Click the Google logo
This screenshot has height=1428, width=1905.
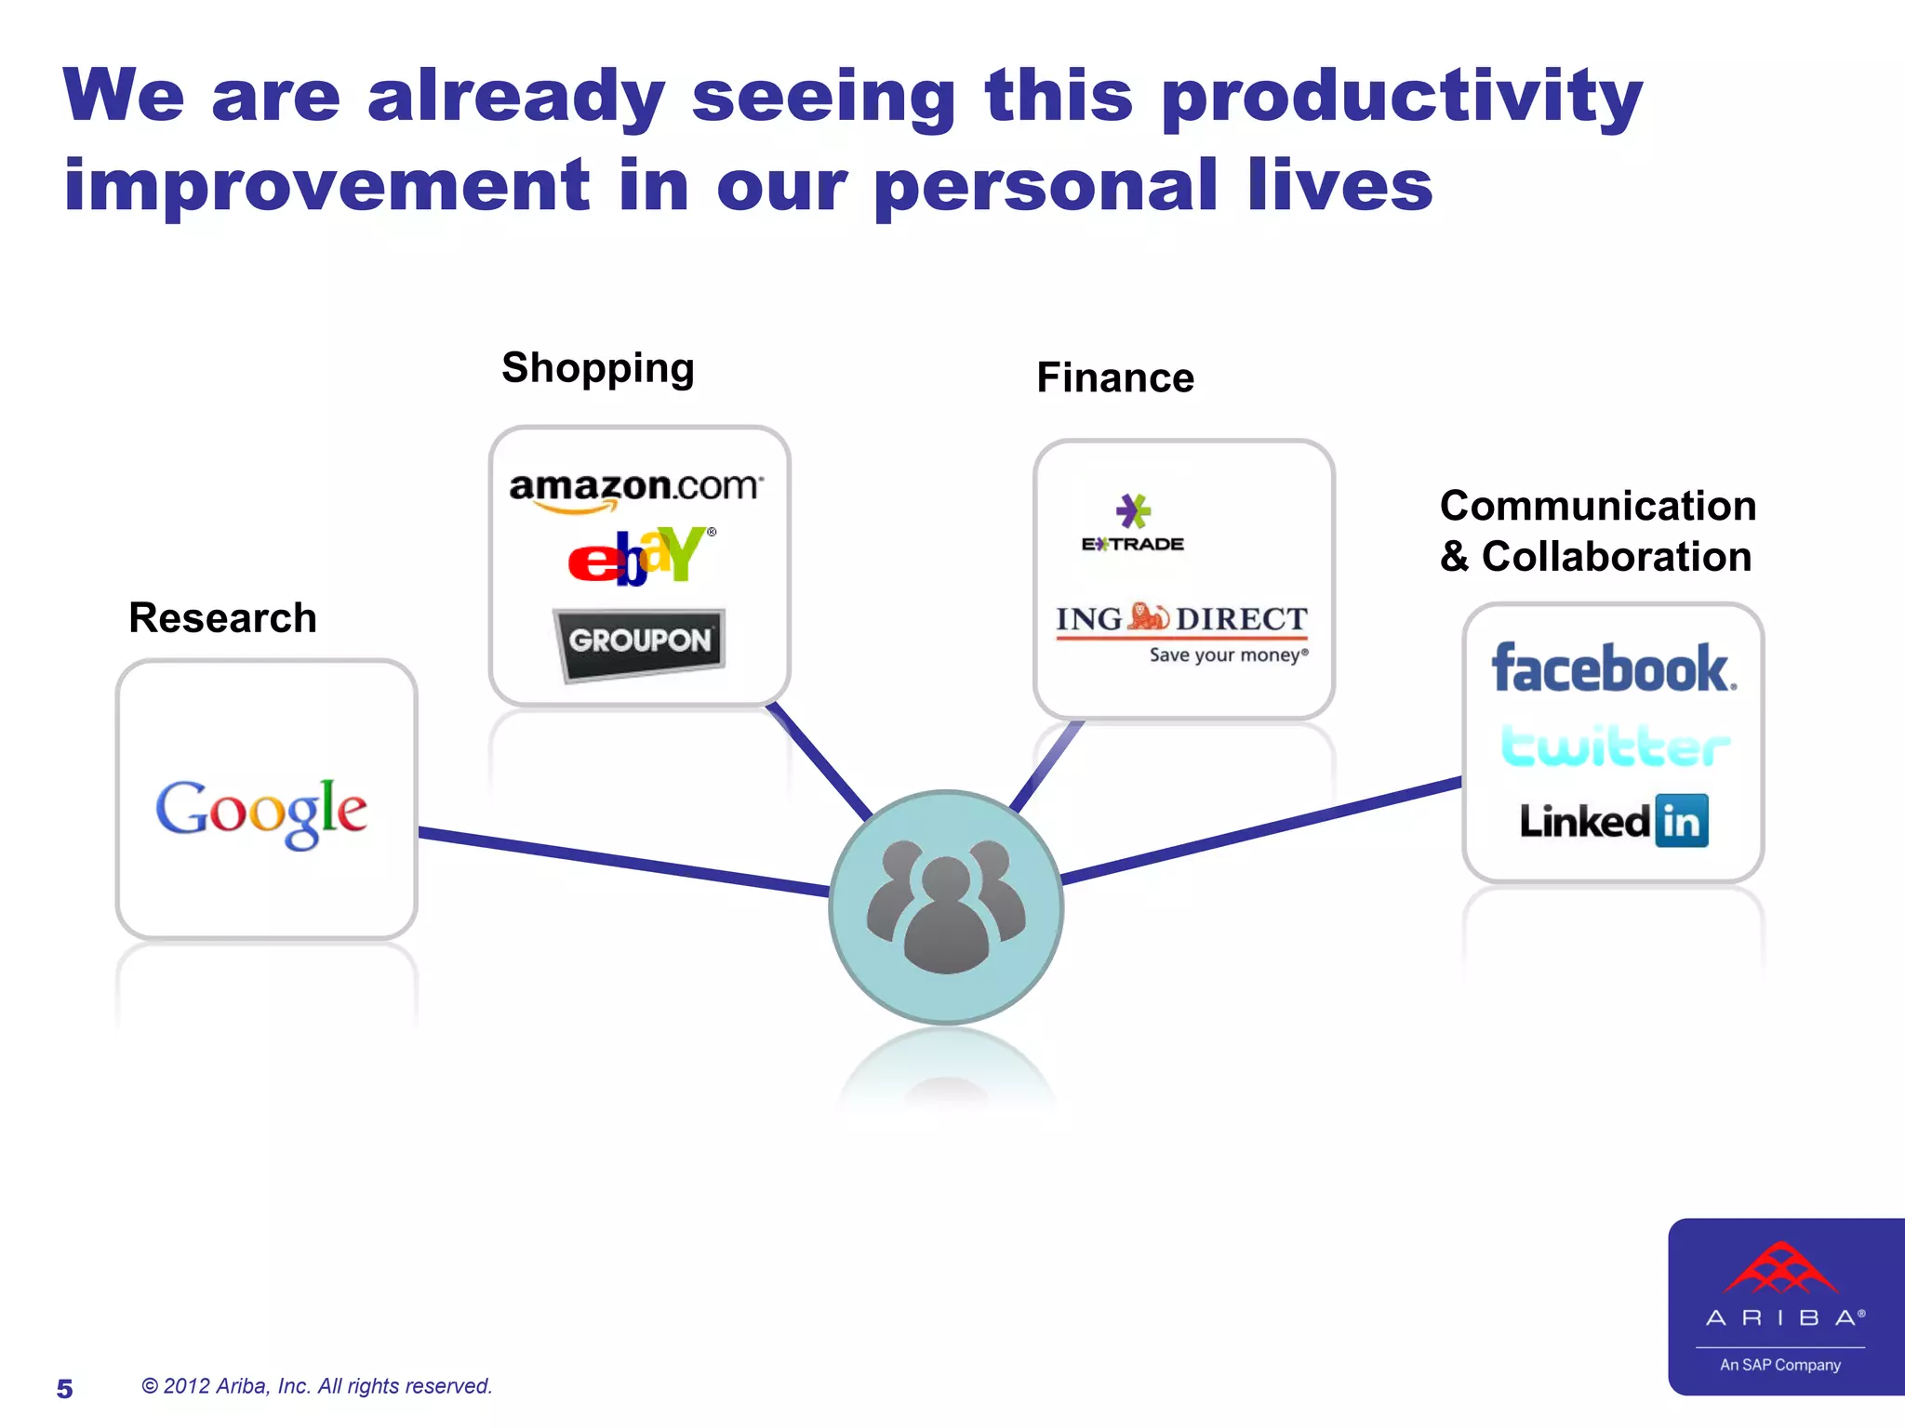(x=261, y=812)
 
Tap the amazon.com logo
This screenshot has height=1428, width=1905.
(x=636, y=490)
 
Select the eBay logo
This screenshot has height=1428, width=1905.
(x=642, y=556)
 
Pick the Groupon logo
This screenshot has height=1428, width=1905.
(x=640, y=641)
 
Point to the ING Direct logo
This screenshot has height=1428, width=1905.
(x=1182, y=631)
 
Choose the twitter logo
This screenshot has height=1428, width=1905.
(x=1616, y=746)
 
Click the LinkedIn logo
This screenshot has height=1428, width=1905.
(x=1614, y=821)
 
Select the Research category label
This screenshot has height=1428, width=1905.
(x=222, y=618)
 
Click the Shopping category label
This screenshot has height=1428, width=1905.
(x=598, y=368)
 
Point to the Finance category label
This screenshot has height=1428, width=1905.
(x=1115, y=378)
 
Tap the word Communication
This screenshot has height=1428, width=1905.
(x=1598, y=507)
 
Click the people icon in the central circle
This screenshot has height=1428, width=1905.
(x=946, y=906)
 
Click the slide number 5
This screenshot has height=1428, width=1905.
(x=64, y=1389)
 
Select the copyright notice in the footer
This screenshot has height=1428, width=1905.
(x=316, y=1386)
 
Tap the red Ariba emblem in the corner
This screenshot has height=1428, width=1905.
(x=1780, y=1268)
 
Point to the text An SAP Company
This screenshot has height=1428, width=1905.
(x=1780, y=1365)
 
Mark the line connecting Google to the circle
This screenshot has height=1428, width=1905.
(x=623, y=862)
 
